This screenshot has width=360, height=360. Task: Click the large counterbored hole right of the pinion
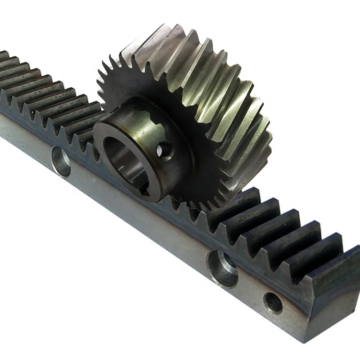(222, 267)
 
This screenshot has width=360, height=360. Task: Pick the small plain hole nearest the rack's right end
(273, 302)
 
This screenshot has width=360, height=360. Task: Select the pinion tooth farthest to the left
(100, 83)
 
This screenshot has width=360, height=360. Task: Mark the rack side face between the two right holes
(247, 288)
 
